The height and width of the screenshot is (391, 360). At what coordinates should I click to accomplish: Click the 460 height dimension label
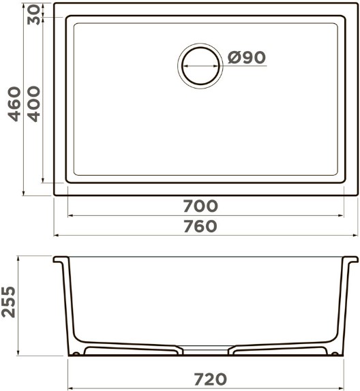(14, 104)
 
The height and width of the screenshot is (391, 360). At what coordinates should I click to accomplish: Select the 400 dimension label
(33, 104)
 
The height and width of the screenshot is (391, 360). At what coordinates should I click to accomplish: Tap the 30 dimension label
(33, 15)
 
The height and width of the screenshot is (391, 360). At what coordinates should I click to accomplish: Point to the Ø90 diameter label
(247, 58)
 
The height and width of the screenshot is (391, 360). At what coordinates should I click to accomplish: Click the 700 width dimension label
(200, 206)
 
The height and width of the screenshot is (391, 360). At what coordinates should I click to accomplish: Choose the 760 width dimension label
(200, 226)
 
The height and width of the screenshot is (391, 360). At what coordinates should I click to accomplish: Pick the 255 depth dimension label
(8, 302)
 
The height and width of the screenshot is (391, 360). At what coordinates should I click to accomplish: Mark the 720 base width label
(211, 379)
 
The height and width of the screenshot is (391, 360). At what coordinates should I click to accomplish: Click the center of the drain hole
(200, 66)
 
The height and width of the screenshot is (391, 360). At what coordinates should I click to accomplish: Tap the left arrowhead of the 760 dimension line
(57, 235)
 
